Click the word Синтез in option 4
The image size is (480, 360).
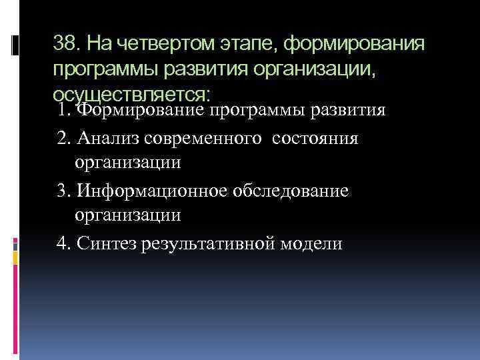pos(106,243)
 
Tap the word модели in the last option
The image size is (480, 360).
pos(313,243)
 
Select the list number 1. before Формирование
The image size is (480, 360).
pos(64,109)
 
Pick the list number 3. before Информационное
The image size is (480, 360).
pos(64,191)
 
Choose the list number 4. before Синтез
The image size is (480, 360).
pos(64,243)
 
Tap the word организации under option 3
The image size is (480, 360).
pos(128,215)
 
